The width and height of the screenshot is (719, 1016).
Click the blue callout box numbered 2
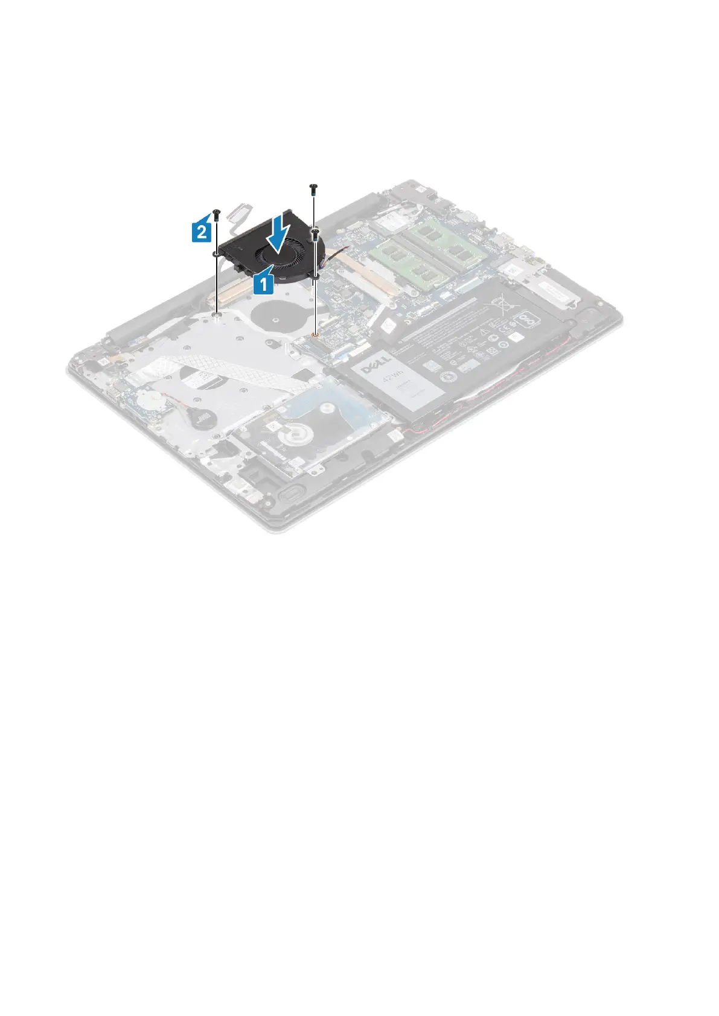203,231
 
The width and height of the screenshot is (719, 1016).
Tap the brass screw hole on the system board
315,334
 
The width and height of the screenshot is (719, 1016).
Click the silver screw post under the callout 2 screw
216,314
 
